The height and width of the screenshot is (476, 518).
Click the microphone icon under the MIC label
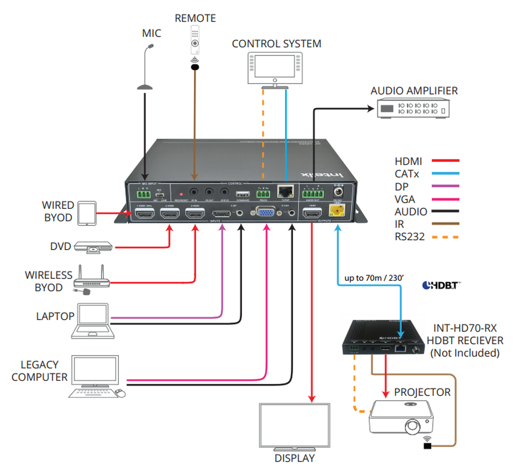pos(146,69)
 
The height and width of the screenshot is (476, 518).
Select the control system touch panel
pos(275,68)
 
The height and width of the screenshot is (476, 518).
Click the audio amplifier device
pos(413,108)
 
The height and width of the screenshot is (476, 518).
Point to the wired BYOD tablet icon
pos(87,213)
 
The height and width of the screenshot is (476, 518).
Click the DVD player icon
pos(93,247)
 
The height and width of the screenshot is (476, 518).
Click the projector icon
pos(401,417)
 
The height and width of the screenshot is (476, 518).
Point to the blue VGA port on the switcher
pos(266,212)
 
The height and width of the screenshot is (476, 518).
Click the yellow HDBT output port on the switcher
pos(337,210)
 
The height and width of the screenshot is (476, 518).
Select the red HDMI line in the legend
pos(445,161)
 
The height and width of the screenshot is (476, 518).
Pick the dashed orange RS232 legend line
pos(445,237)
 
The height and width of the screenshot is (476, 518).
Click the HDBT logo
pos(441,285)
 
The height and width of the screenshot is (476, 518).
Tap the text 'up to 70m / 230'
pos(374,278)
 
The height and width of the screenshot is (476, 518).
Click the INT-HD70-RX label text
pos(464,329)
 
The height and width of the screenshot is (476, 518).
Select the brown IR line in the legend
pos(445,224)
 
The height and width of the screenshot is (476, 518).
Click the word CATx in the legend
pos(407,174)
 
